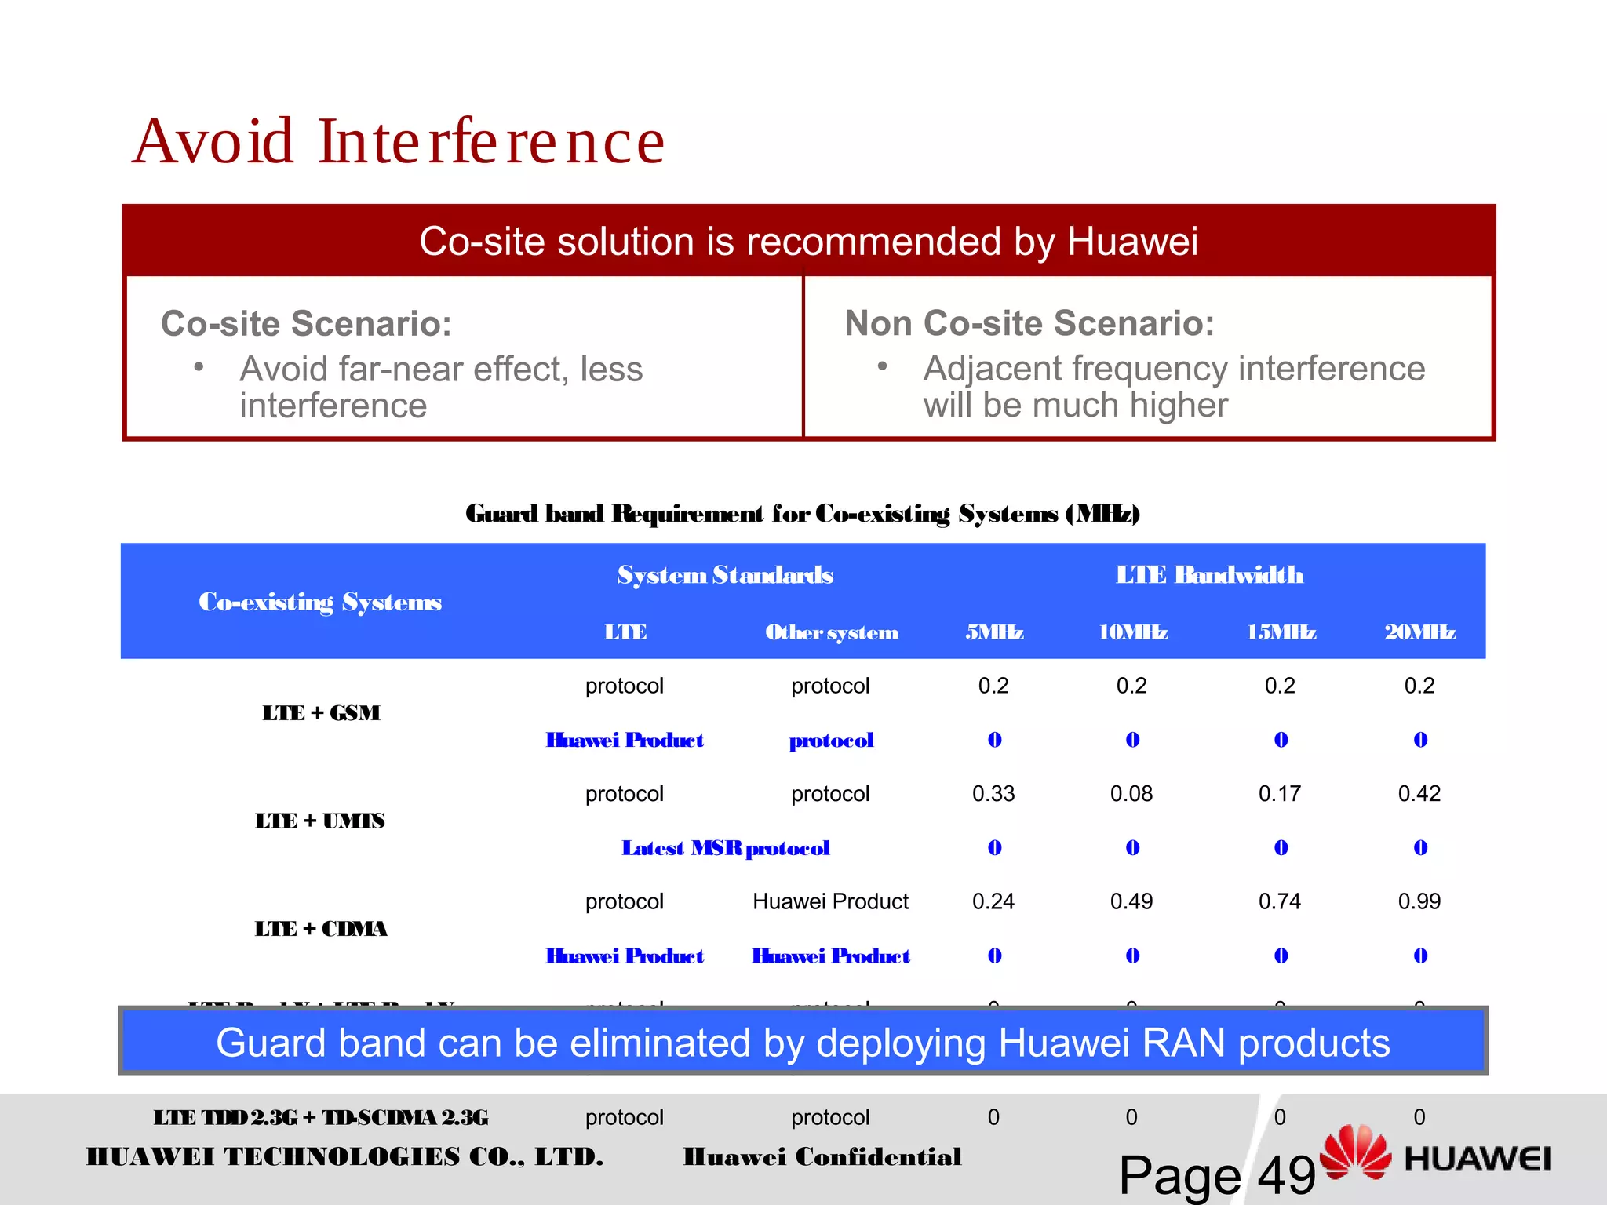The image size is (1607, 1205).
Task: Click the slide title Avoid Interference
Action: (x=399, y=142)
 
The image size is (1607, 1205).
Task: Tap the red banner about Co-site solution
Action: (x=808, y=241)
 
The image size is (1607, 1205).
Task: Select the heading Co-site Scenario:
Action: (x=306, y=323)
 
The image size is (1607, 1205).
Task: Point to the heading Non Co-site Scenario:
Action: (x=1029, y=323)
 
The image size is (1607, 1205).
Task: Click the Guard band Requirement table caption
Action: (x=802, y=514)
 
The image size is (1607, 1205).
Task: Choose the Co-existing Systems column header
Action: (x=320, y=602)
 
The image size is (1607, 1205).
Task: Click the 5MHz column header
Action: (x=994, y=632)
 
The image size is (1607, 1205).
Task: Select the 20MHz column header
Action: (x=1419, y=632)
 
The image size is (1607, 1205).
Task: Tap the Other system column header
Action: (x=832, y=632)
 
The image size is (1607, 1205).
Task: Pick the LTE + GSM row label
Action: (x=321, y=713)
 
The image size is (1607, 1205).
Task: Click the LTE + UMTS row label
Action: (x=320, y=821)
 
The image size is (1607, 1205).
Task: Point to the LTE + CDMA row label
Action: (x=321, y=929)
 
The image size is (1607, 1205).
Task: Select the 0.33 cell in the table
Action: (x=993, y=794)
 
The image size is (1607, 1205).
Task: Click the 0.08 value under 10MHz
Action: (x=1131, y=794)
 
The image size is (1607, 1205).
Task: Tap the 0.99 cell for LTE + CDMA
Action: (x=1419, y=901)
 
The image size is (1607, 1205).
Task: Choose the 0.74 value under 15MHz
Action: (x=1280, y=901)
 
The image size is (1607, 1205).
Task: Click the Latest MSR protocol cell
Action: (x=726, y=848)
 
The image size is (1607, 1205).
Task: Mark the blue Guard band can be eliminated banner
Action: (x=803, y=1043)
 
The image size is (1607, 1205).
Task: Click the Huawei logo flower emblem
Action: (x=1355, y=1152)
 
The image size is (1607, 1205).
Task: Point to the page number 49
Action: (x=1286, y=1174)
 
